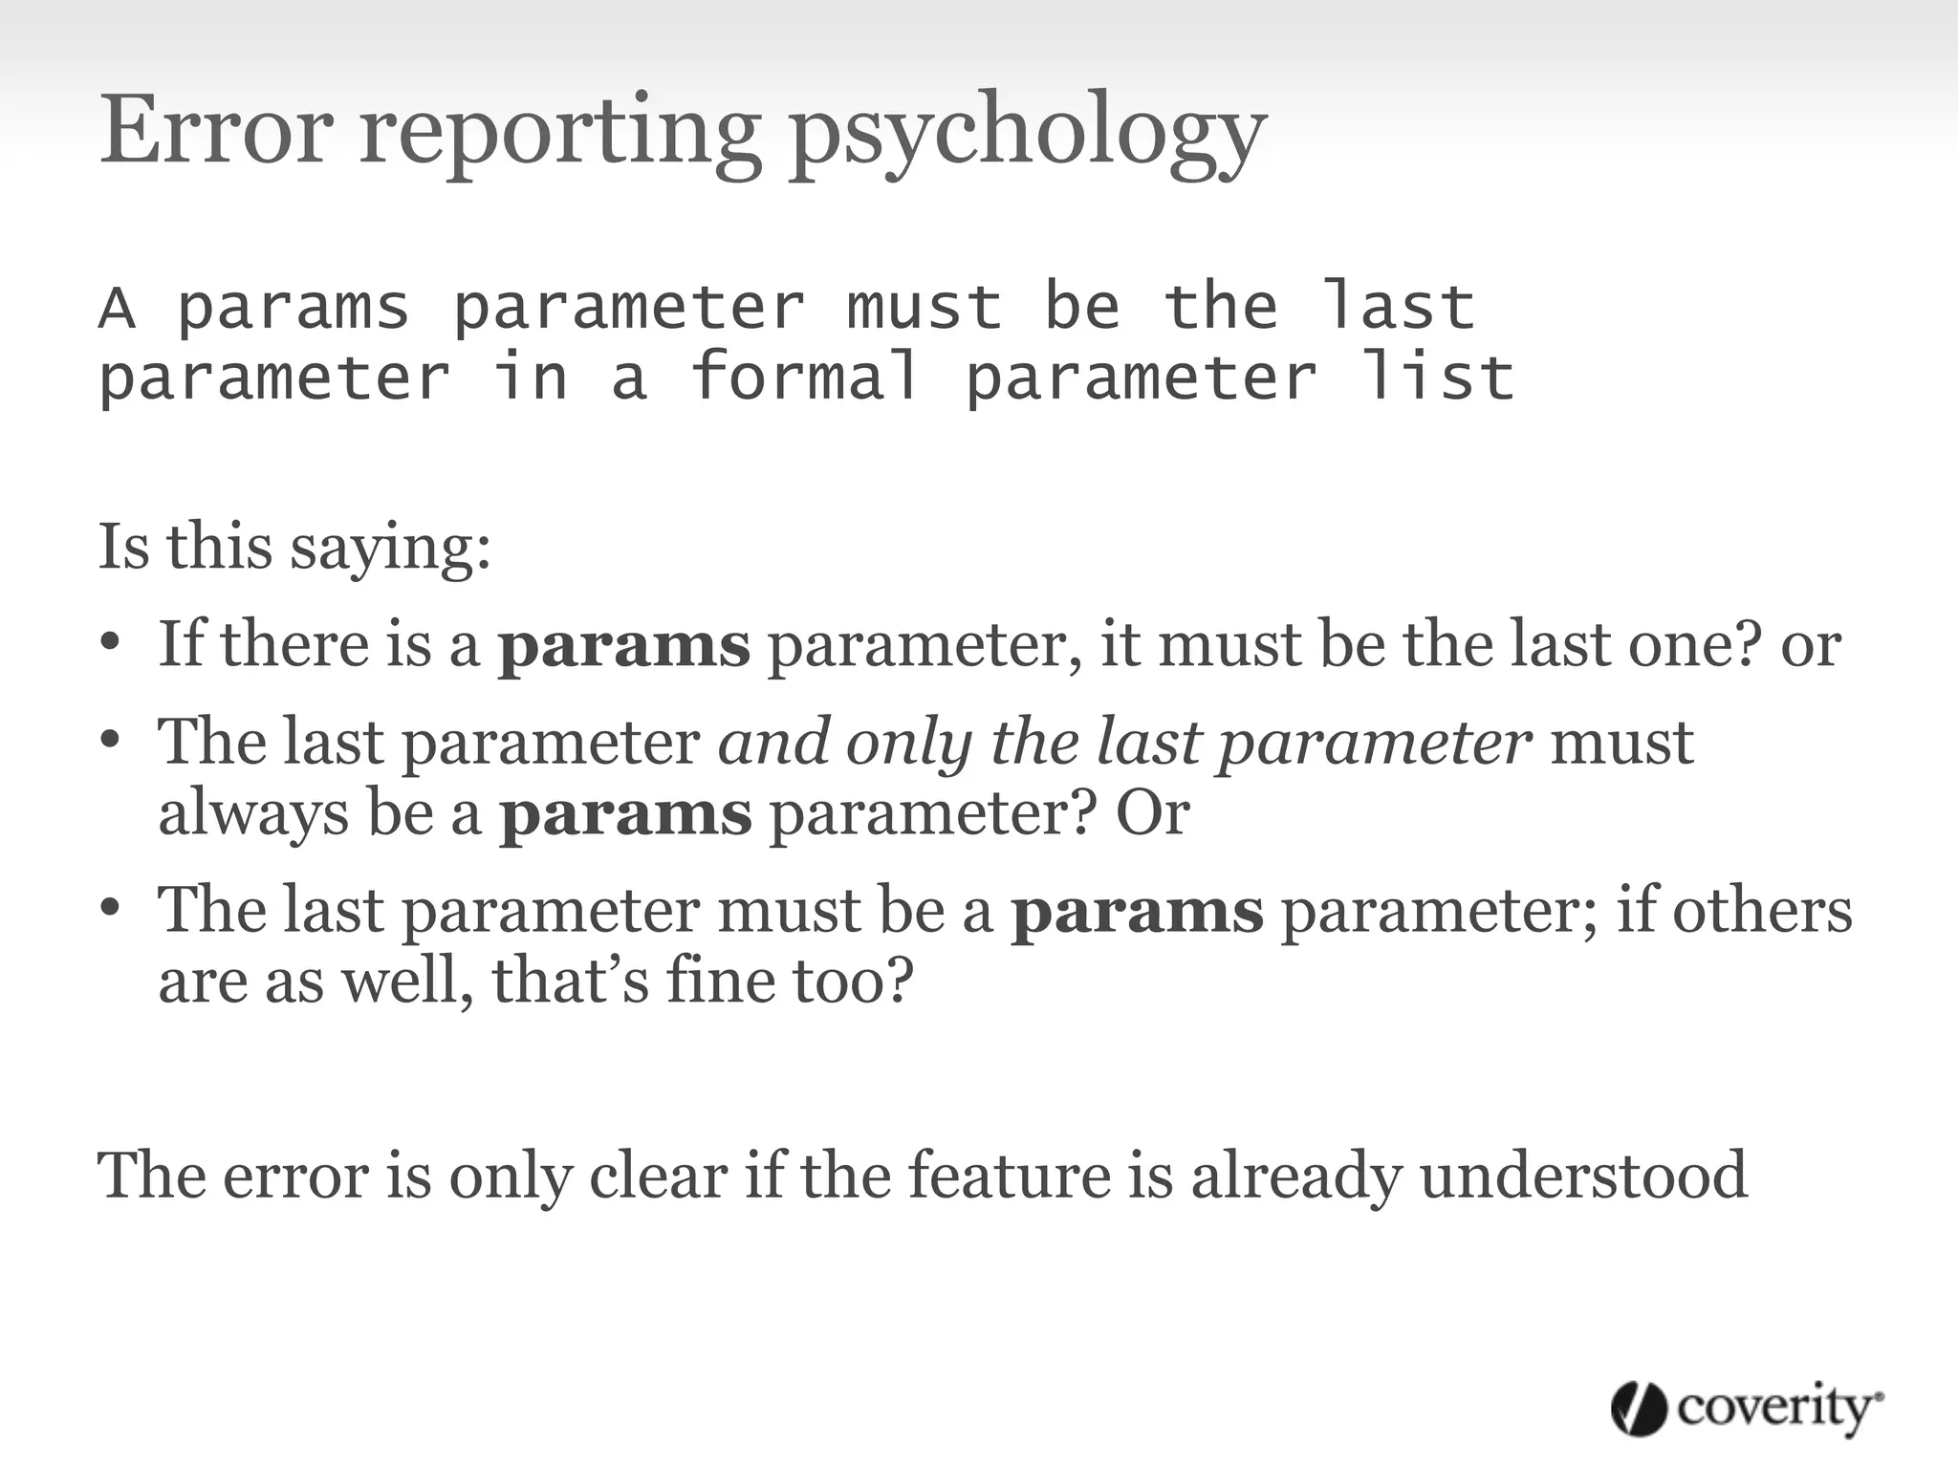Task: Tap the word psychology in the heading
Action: (1027, 134)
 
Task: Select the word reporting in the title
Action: (560, 134)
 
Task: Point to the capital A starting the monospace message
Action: (117, 308)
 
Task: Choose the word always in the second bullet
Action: (253, 814)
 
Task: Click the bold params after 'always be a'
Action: (626, 814)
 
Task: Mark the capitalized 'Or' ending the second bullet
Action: (1152, 814)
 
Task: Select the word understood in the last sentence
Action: (1583, 1175)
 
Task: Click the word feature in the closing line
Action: (1009, 1175)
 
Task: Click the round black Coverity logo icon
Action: (1639, 1408)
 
